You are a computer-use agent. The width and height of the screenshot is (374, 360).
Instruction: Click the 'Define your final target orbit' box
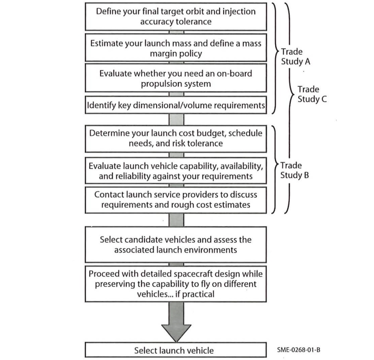coord(176,17)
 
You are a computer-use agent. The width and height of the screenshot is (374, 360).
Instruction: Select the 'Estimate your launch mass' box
coord(176,48)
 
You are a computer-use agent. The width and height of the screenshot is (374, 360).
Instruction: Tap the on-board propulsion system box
coord(176,78)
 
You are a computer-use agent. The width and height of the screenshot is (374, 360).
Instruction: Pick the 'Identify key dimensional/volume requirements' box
coord(176,105)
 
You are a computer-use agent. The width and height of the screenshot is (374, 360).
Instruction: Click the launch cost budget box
coord(176,139)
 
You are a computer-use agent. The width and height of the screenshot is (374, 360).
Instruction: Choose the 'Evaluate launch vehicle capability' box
coord(176,170)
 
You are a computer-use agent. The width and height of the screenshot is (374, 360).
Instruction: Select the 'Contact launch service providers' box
coord(176,200)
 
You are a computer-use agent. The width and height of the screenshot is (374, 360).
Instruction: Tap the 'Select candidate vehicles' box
coord(176,244)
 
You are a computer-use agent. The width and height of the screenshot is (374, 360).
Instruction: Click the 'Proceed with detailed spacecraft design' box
coord(176,284)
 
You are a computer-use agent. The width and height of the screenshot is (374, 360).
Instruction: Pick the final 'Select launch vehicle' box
coord(176,350)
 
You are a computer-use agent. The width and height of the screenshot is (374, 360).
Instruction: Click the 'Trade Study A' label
coord(295,57)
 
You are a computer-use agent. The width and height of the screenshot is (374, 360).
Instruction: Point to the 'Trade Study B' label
coord(295,170)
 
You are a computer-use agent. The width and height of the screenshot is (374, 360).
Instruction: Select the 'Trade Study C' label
coord(312,94)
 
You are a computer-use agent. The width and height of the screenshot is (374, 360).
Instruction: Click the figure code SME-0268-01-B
coord(299,350)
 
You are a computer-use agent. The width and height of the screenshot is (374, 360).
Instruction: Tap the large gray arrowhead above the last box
coord(176,333)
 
